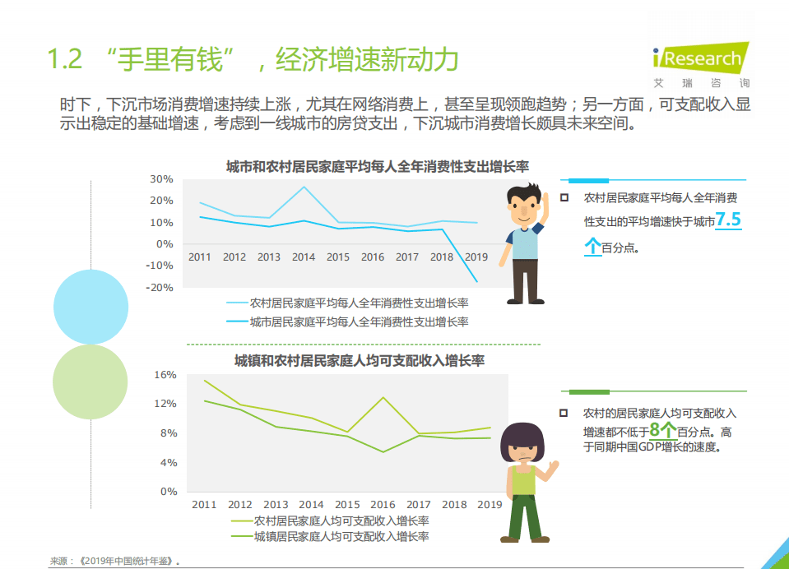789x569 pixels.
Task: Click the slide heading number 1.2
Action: click(x=65, y=60)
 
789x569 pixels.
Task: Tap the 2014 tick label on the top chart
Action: click(x=304, y=257)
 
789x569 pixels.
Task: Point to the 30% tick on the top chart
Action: click(x=161, y=179)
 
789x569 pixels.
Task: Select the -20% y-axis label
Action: click(x=160, y=288)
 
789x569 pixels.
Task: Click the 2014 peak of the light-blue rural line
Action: click(x=304, y=187)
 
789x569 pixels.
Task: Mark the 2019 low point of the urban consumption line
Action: click(x=476, y=282)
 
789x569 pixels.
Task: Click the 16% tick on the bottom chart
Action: click(x=165, y=375)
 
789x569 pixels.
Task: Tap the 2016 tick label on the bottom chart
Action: click(x=383, y=505)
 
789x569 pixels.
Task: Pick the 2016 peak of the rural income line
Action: click(x=383, y=398)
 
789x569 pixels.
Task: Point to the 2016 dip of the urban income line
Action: click(x=383, y=451)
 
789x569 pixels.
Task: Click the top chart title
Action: click(x=377, y=166)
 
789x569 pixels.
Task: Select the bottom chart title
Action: click(x=360, y=361)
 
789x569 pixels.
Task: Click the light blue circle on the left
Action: click(x=91, y=306)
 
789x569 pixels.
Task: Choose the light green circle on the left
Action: click(x=91, y=382)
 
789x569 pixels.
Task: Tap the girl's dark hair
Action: click(x=522, y=435)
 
